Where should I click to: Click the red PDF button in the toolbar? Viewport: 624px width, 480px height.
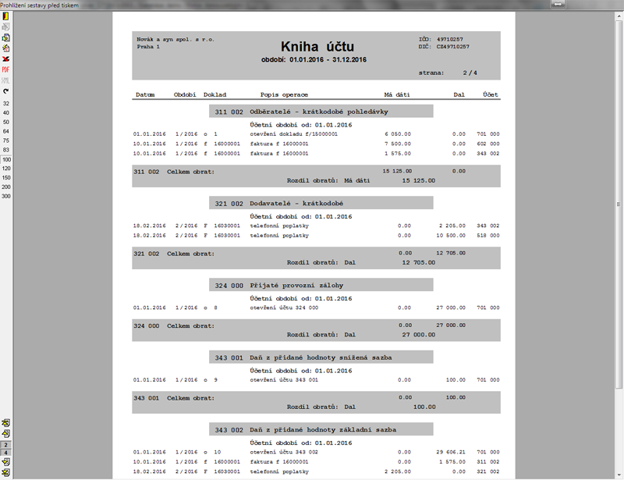(5, 69)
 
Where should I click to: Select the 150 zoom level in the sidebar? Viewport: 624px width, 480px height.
(6, 177)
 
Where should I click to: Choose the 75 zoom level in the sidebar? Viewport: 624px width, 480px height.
(6, 140)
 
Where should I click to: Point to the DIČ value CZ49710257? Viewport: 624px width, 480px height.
(453, 47)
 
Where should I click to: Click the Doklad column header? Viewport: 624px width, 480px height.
(214, 94)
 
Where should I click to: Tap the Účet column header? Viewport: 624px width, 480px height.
(491, 94)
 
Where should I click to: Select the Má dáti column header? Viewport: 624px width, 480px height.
(397, 94)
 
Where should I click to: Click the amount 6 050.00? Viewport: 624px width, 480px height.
(397, 134)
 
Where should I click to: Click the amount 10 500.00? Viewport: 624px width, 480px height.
(450, 235)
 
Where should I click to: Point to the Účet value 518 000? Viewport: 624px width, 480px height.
(487, 235)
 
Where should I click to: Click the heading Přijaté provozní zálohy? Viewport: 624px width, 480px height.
(302, 285)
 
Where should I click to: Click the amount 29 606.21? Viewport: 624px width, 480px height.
(450, 452)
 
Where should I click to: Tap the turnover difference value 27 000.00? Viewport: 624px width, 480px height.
(418, 334)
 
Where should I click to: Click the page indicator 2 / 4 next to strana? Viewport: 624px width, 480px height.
(470, 73)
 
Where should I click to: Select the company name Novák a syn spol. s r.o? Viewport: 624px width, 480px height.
(175, 38)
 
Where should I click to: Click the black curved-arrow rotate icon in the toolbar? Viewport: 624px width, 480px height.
(5, 91)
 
